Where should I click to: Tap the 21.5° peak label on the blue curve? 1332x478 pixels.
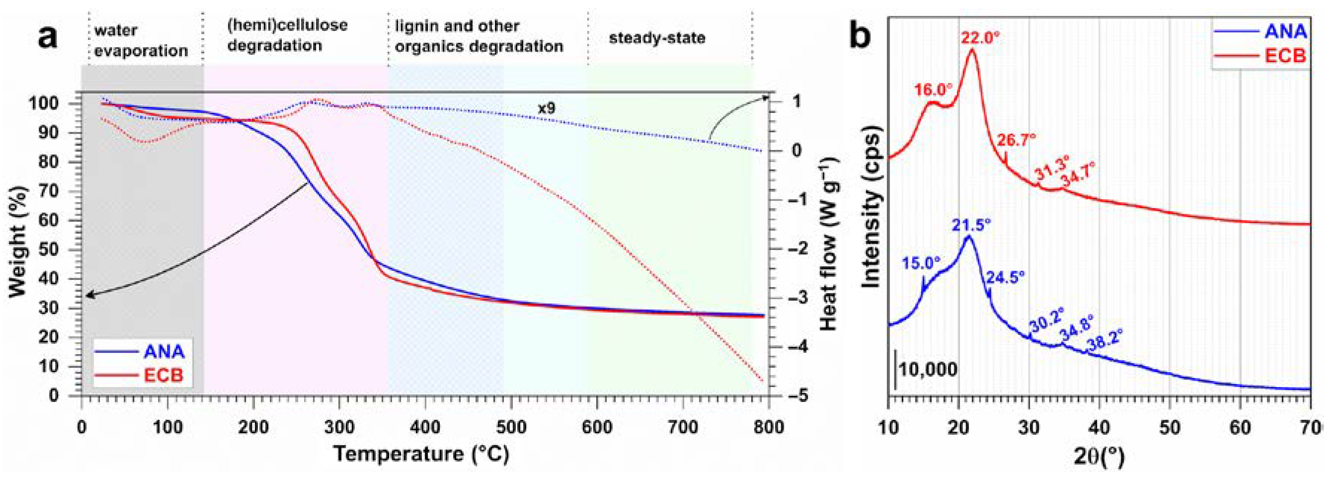pos(971,226)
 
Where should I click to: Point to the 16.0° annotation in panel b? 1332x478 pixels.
pos(933,89)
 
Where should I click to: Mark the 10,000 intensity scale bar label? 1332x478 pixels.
pos(927,370)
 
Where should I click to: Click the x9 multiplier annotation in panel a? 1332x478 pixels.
pos(546,109)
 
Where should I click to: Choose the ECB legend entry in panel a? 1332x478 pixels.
pos(162,375)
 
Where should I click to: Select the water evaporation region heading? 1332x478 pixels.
pos(141,40)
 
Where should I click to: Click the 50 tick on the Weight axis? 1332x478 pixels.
pos(62,250)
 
